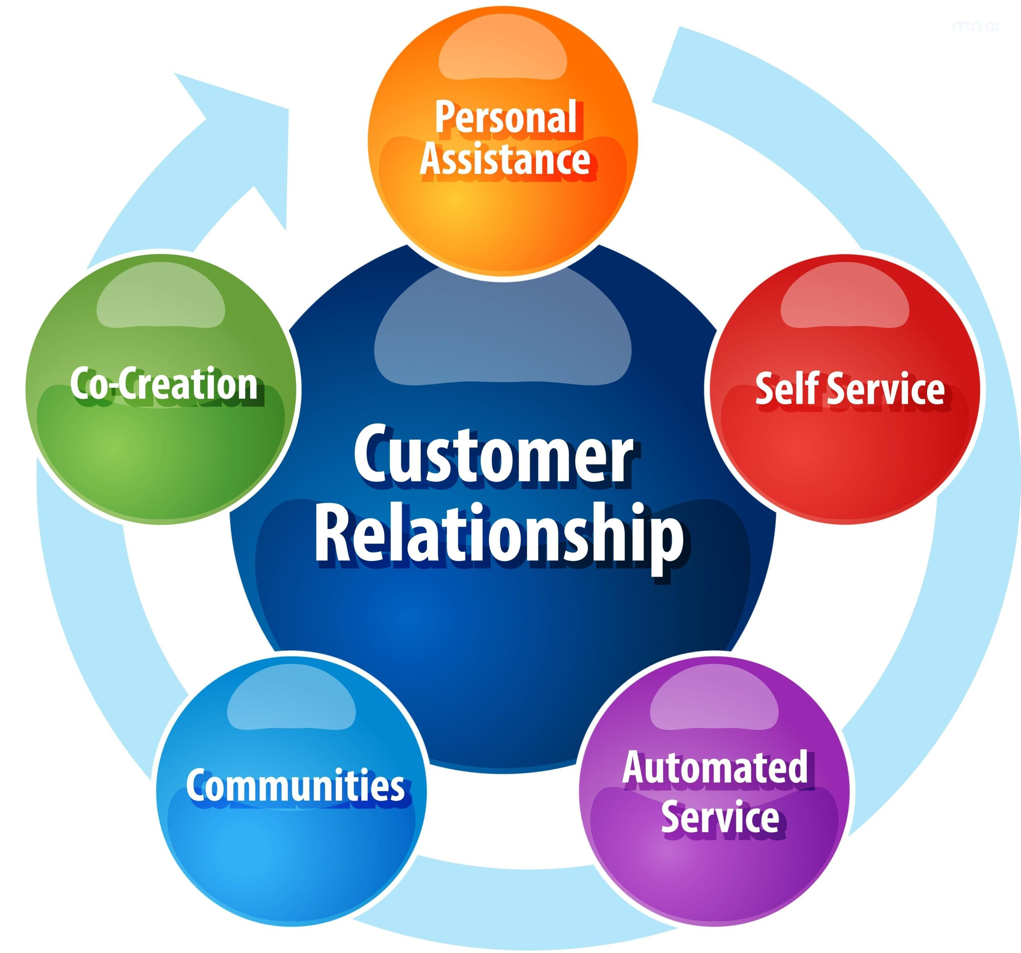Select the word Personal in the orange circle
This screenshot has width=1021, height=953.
pyautogui.click(x=506, y=118)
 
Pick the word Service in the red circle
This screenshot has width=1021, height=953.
pyautogui.click(x=886, y=389)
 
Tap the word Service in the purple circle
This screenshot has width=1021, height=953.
pyautogui.click(x=719, y=816)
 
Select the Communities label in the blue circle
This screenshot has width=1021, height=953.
pyautogui.click(x=295, y=785)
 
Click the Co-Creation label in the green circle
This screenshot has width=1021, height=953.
pyautogui.click(x=163, y=384)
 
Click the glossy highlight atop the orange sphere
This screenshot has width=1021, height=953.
pyautogui.click(x=502, y=54)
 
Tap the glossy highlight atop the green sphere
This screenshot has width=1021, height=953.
pyautogui.click(x=161, y=300)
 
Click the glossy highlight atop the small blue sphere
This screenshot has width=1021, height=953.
pyautogui.click(x=291, y=704)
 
